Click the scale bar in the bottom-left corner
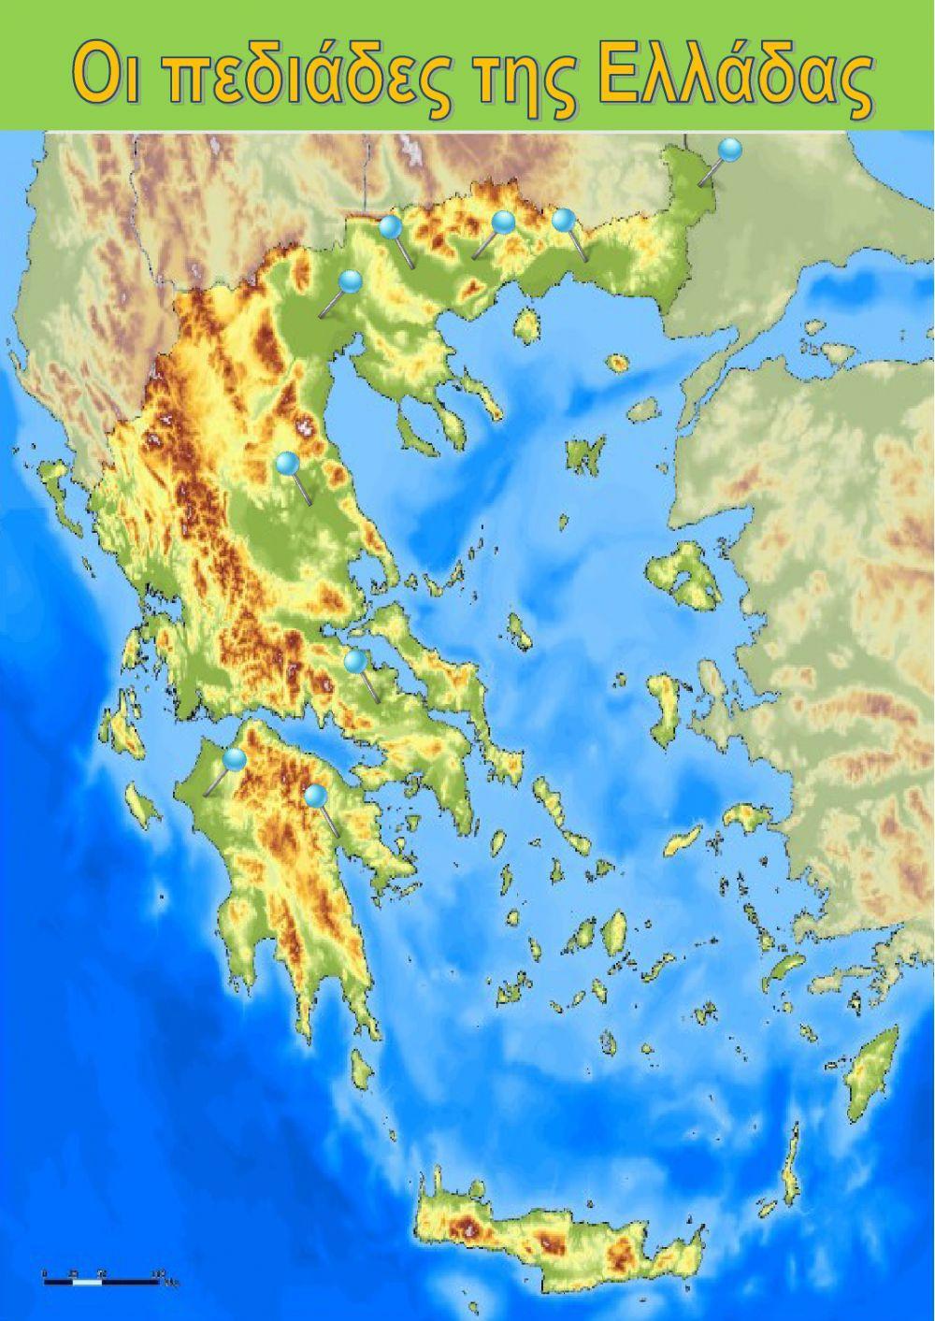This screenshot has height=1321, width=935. [x=103, y=1273]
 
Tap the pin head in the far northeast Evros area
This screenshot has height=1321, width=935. [x=730, y=148]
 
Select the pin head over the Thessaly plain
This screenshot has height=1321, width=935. [x=287, y=462]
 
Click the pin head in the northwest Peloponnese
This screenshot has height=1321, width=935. [x=235, y=759]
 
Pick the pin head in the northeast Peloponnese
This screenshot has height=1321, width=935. [x=316, y=796]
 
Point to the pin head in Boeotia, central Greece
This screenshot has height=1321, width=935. [x=354, y=661]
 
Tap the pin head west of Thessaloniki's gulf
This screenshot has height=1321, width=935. [x=351, y=280]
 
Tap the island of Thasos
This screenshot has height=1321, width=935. [x=526, y=324]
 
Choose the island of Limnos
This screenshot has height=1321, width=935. [x=585, y=455]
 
